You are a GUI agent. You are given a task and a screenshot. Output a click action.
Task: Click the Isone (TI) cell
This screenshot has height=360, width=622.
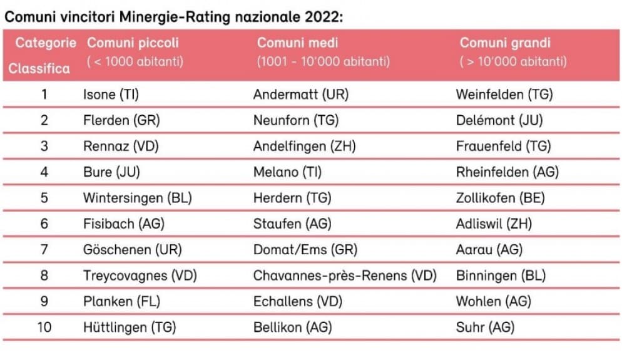pyautogui.click(x=111, y=95)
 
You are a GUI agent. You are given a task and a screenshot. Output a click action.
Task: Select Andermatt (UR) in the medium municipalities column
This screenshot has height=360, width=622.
pyautogui.click(x=301, y=95)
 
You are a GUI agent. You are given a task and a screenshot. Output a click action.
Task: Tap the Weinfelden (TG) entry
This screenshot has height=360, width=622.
pyautogui.click(x=504, y=95)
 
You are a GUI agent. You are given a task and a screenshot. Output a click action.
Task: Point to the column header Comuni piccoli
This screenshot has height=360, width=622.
pyautogui.click(x=133, y=43)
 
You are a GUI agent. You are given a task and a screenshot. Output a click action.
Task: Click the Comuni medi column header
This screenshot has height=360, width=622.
pyautogui.click(x=297, y=43)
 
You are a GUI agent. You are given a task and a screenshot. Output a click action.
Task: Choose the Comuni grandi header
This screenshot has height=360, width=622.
pyautogui.click(x=505, y=43)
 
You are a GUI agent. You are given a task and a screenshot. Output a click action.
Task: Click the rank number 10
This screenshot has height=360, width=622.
pyautogui.click(x=44, y=327)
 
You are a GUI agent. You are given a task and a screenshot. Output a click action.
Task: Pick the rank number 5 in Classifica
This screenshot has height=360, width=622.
pyautogui.click(x=44, y=198)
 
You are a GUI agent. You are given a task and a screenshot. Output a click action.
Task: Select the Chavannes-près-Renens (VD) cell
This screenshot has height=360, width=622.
pyautogui.click(x=345, y=275)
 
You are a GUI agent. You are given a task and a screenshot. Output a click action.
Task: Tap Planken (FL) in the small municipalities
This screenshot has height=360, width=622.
pyautogui.click(x=122, y=301)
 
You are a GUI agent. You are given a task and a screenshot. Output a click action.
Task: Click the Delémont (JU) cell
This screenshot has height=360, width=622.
pyautogui.click(x=499, y=120)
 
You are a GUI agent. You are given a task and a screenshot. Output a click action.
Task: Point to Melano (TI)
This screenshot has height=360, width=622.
pyautogui.click(x=288, y=172)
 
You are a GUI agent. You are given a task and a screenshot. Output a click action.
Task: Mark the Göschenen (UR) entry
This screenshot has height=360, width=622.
pyautogui.click(x=133, y=250)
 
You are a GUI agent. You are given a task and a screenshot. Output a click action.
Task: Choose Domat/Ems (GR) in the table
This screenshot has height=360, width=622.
pyautogui.click(x=305, y=250)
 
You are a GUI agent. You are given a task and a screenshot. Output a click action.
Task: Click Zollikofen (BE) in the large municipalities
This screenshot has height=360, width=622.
pyautogui.click(x=500, y=198)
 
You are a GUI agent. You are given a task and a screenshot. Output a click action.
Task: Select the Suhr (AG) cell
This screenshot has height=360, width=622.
pyautogui.click(x=485, y=327)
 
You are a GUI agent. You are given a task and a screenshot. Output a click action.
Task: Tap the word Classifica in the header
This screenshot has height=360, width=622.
pyautogui.click(x=39, y=69)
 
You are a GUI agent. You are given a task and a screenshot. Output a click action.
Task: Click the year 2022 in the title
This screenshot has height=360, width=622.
pyautogui.click(x=324, y=17)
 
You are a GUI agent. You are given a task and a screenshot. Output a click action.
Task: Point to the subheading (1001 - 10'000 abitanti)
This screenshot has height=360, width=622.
pyautogui.click(x=324, y=61)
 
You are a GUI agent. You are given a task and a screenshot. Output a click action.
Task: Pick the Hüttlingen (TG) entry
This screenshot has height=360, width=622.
pyautogui.click(x=130, y=327)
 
